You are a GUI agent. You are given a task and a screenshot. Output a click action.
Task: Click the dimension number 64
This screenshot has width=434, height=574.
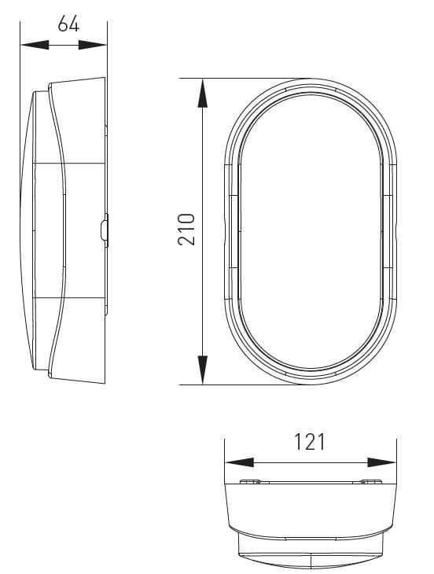pos(68,24)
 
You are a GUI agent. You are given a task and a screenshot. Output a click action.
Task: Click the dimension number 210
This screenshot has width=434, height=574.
pos(186,230)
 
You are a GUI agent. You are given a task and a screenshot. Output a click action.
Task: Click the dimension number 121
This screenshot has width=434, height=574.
pos(310,442)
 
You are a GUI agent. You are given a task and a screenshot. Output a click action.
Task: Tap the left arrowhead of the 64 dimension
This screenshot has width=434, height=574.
pos(35,45)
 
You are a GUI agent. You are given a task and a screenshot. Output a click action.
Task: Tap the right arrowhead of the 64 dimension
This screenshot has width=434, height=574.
pos(93,45)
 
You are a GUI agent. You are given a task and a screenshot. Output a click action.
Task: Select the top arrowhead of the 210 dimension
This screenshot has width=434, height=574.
pos(202,93)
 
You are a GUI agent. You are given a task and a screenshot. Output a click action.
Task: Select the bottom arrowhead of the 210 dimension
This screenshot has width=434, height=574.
pos(202,370)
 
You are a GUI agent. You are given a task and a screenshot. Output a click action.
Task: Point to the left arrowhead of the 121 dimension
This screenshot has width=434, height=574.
pos(239,462)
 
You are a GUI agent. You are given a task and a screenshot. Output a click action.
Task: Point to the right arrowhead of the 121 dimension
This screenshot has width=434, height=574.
pos(381,462)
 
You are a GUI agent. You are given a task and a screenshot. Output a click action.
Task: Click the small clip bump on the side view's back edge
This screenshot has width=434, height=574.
pos(105,230)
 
